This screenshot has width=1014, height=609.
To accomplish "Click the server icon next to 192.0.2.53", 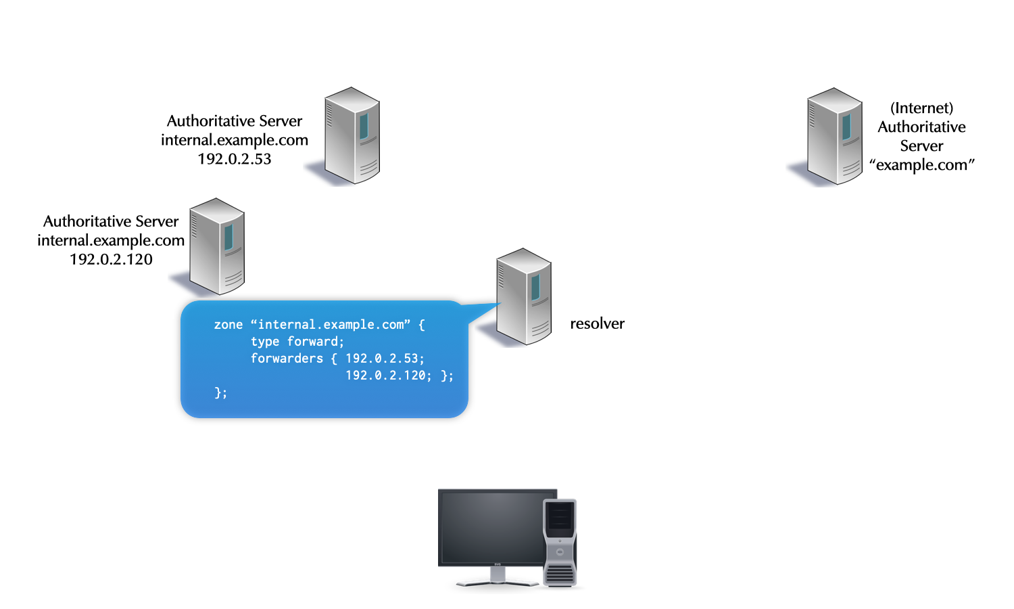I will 352,135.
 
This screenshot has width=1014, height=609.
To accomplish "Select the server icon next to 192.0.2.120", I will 216,246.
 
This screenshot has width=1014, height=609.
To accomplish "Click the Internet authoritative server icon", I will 835,136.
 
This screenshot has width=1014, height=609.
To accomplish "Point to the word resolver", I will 597,323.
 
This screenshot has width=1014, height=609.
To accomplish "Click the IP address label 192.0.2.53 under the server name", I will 235,159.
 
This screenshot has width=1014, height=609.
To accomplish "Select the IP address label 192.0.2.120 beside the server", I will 111,259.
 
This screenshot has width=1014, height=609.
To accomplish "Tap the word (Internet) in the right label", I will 921,108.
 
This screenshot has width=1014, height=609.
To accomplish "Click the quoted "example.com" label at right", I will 921,165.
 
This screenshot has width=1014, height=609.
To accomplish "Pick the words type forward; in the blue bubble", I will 297,342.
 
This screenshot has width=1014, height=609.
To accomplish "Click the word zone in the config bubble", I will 228,325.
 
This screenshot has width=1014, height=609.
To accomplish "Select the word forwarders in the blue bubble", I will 287,359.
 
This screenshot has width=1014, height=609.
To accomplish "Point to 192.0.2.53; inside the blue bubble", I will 385,359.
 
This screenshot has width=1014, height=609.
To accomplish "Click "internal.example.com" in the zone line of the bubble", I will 331,325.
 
